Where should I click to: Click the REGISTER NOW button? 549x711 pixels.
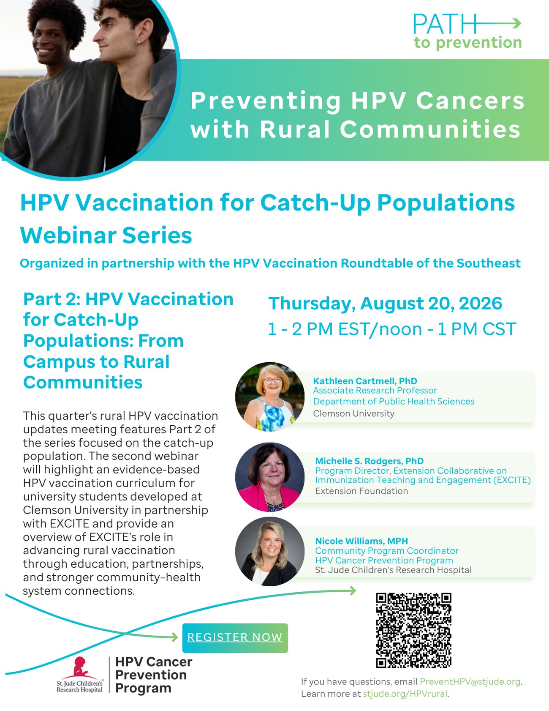coord(235,637)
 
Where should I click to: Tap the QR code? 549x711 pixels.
coord(414,630)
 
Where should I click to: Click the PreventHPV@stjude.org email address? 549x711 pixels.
coord(470,681)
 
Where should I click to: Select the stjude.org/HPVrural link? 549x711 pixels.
coord(405,694)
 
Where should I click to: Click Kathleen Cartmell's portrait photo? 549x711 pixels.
coord(270,397)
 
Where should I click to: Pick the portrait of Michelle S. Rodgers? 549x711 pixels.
coord(270,477)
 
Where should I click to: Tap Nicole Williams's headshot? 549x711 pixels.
coord(270,551)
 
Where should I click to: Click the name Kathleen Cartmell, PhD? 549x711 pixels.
coord(365,381)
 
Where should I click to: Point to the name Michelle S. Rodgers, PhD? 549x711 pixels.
coord(369,461)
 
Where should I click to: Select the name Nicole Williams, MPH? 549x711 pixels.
coord(361,541)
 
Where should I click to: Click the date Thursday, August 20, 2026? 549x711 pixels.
coord(385,304)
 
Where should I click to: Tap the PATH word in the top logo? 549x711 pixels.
coord(445,24)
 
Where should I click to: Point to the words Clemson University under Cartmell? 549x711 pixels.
coord(354,413)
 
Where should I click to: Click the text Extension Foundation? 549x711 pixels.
coord(361,491)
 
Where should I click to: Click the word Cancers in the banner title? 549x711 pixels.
coord(470,101)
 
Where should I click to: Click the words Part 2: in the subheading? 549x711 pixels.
coord(51,299)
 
